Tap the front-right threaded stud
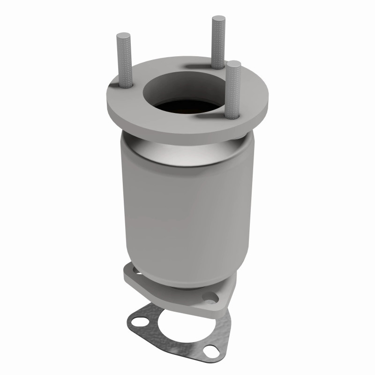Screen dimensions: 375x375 pos(233,89)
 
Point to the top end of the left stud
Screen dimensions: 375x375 pos(120,35)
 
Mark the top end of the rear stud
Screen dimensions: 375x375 pos(217,19)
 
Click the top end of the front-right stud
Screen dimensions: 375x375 pos(233,64)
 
